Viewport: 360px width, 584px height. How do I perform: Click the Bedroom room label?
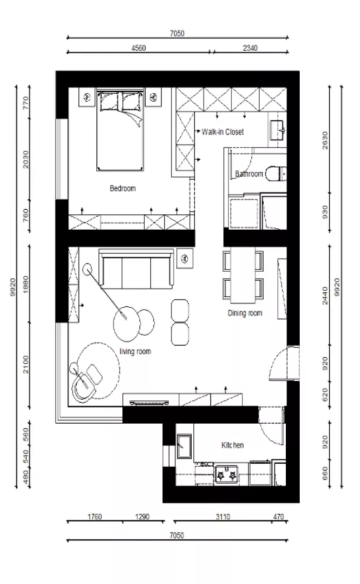click(x=123, y=188)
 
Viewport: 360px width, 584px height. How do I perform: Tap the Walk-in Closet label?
click(x=222, y=131)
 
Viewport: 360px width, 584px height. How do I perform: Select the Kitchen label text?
click(x=232, y=445)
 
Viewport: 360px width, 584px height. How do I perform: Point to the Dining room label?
click(x=245, y=313)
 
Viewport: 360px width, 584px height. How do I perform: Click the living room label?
click(x=135, y=351)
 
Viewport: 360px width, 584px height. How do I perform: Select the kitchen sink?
click(x=184, y=446)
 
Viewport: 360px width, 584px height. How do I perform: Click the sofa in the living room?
click(x=136, y=269)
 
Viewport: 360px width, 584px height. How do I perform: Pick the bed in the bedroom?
click(x=120, y=129)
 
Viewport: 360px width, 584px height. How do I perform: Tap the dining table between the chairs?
click(x=243, y=275)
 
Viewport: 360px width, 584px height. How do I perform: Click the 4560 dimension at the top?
click(x=139, y=48)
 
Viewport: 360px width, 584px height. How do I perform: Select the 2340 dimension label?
click(x=250, y=48)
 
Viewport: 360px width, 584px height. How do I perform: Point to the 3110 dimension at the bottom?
click(x=222, y=517)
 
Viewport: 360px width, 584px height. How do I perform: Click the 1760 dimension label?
click(x=95, y=517)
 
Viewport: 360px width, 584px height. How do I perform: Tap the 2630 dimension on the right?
click(x=325, y=141)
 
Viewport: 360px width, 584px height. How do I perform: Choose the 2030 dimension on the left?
click(x=26, y=159)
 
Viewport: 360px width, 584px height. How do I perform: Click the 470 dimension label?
click(x=278, y=517)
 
